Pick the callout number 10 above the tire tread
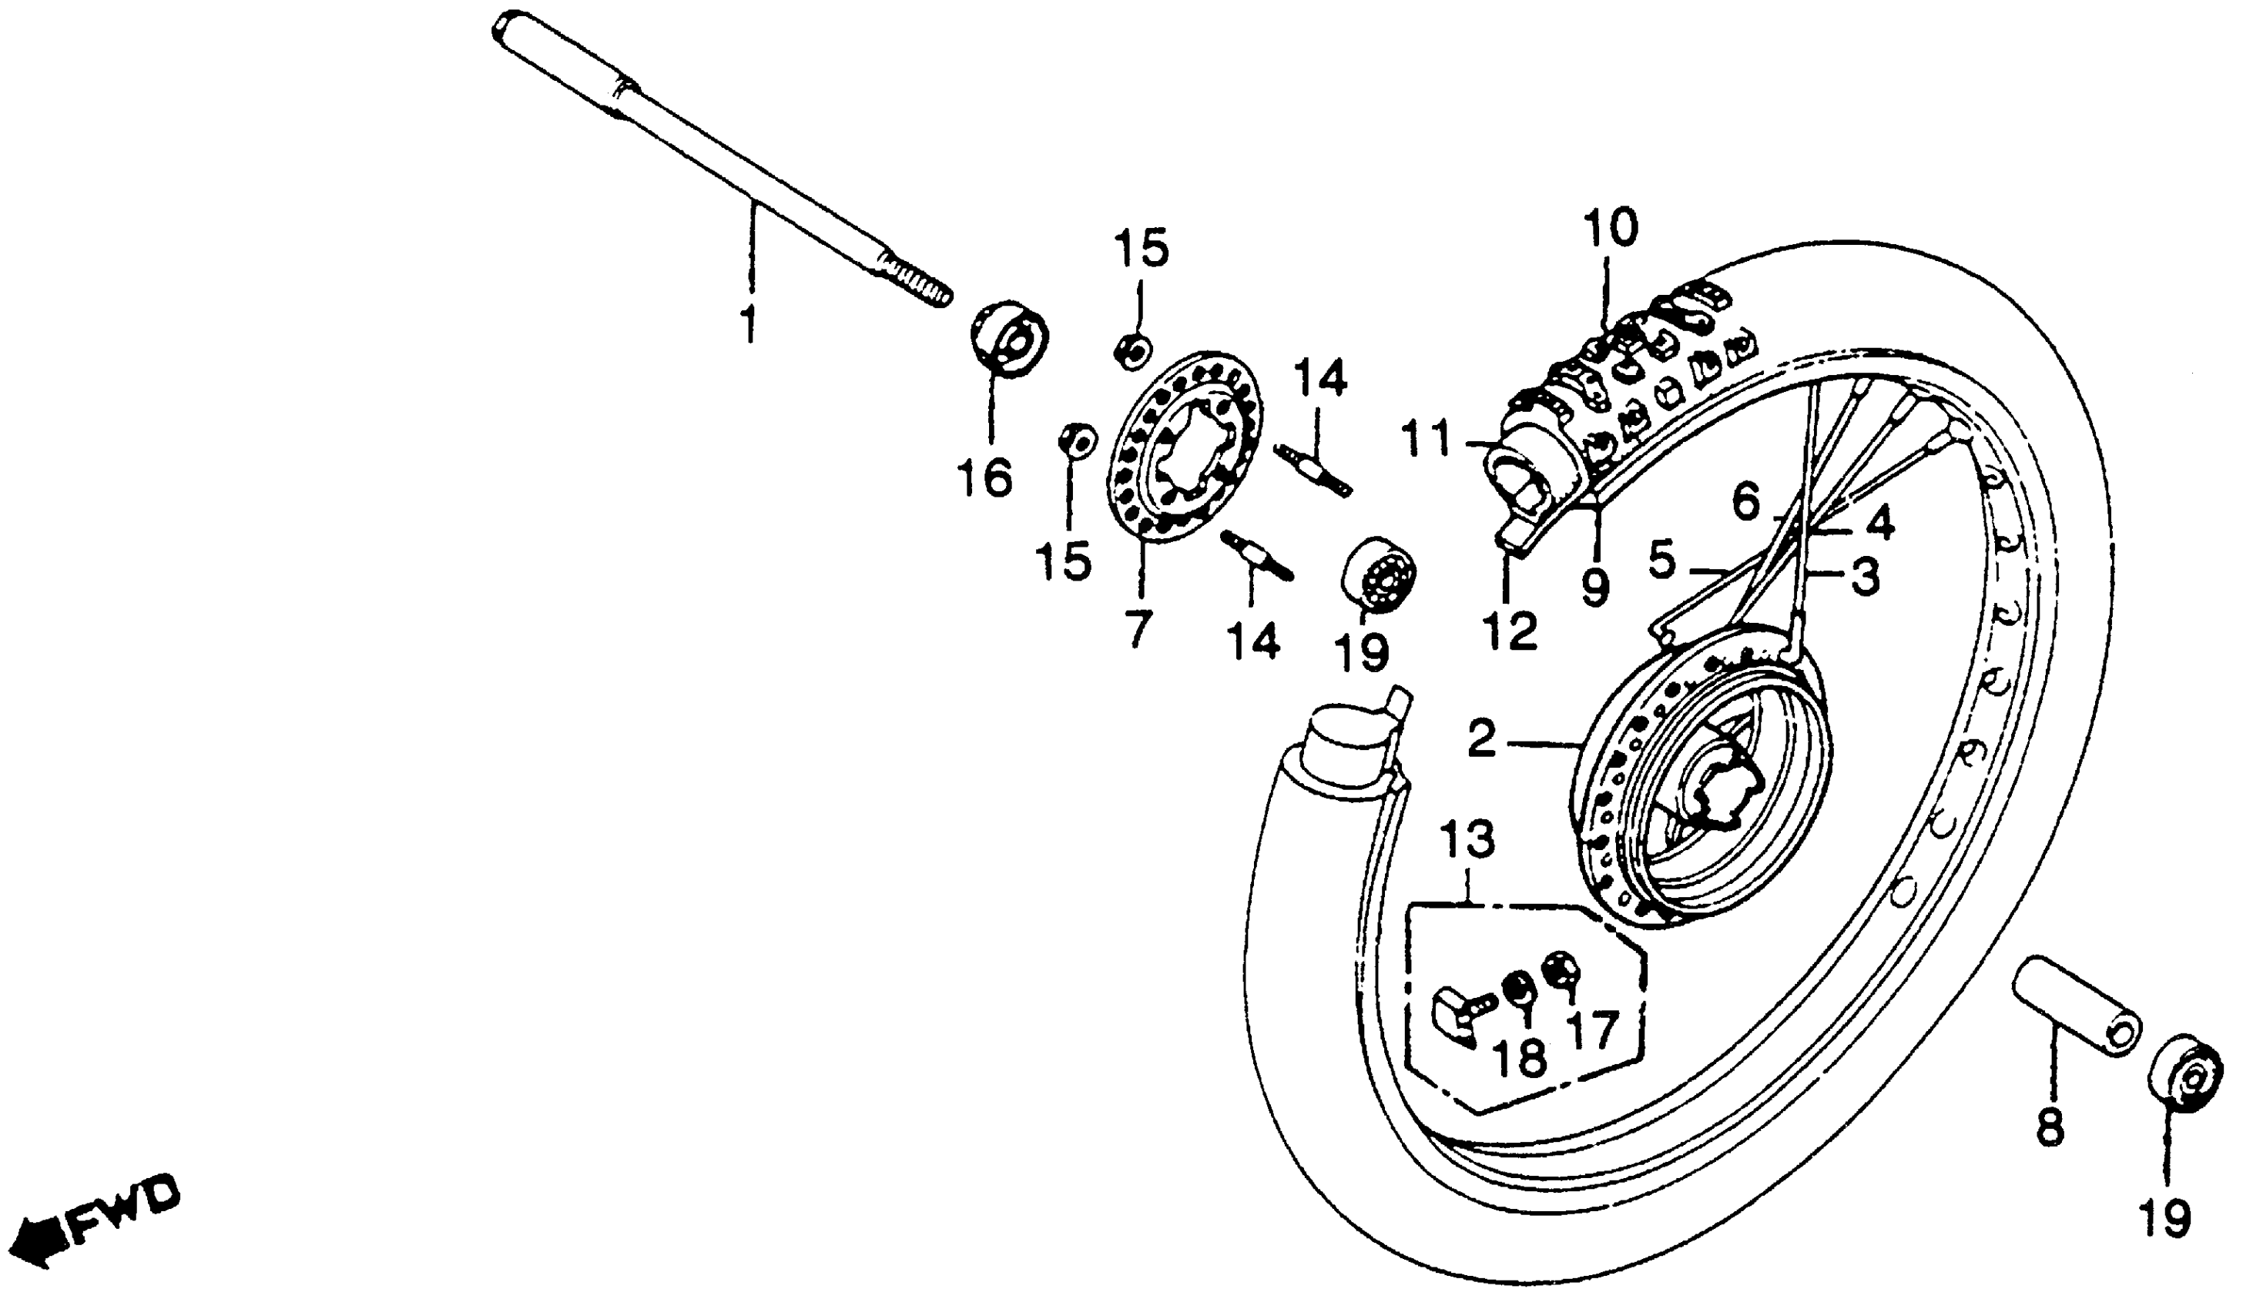[x=1609, y=228]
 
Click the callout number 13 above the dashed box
[x=1467, y=841]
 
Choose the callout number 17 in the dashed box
[x=1590, y=1031]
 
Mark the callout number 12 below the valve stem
[x=1510, y=631]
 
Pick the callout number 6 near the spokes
[x=1746, y=504]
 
